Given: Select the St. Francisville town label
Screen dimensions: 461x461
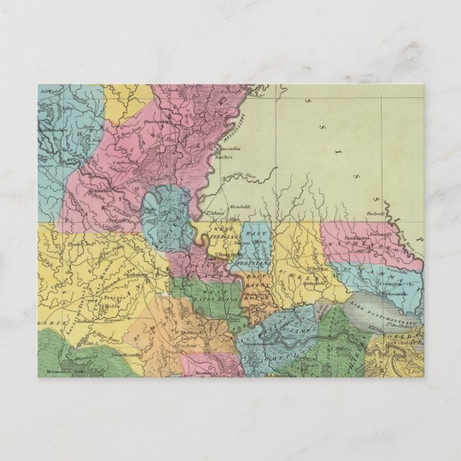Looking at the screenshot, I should (220, 253).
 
